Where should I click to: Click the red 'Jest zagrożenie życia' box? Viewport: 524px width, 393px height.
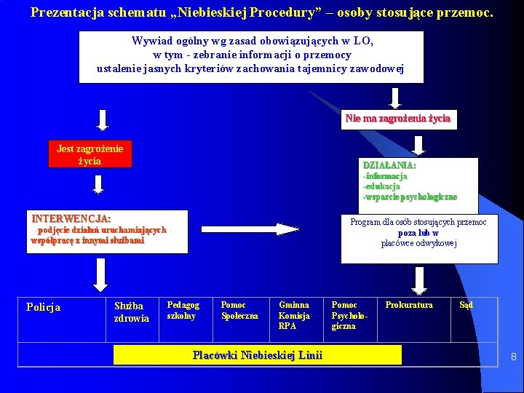click(x=90, y=154)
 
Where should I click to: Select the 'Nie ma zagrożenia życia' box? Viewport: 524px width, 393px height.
click(x=398, y=119)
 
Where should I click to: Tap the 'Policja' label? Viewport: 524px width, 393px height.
click(x=44, y=307)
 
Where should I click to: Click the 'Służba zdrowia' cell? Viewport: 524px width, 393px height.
click(x=131, y=311)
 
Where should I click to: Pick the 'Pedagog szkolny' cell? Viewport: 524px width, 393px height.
click(x=183, y=311)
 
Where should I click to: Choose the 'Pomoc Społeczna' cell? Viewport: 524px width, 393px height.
click(x=239, y=311)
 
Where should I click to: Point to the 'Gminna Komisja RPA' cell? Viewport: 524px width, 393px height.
click(x=294, y=316)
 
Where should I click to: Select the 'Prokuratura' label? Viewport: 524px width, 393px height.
click(x=409, y=305)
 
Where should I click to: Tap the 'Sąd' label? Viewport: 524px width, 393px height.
click(x=466, y=305)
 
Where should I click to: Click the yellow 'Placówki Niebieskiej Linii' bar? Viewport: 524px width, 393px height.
click(x=258, y=355)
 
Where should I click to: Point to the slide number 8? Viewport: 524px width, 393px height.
click(x=513, y=357)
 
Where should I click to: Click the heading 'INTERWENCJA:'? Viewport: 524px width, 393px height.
click(x=71, y=218)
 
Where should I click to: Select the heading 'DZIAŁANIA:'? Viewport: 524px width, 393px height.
click(x=389, y=166)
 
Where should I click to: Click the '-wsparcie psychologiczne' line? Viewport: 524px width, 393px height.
click(x=410, y=196)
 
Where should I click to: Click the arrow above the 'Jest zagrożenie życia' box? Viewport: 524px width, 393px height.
click(x=103, y=120)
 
